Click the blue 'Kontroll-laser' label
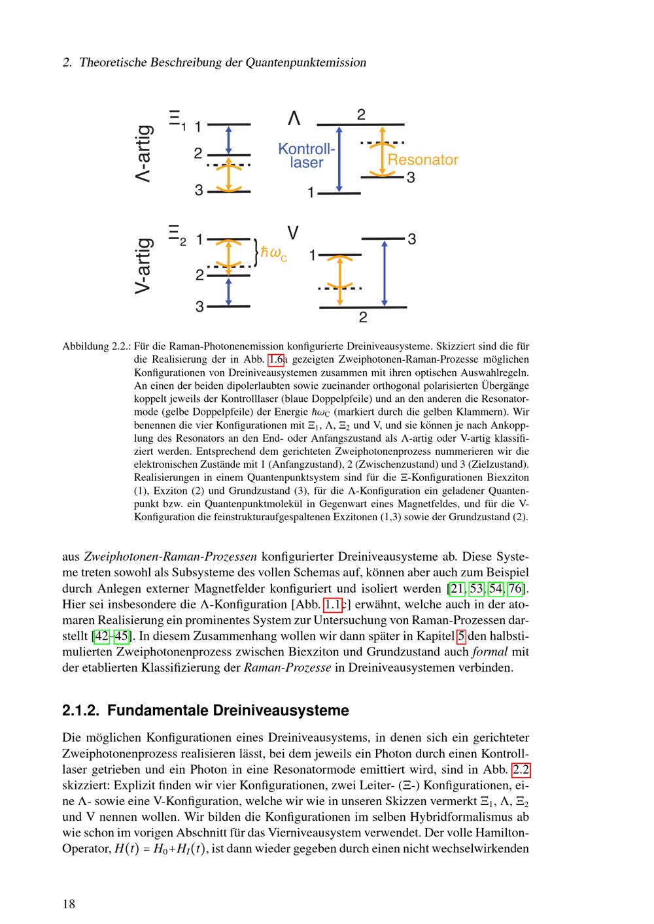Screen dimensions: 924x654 (x=306, y=156)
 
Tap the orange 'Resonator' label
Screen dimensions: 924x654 (x=422, y=159)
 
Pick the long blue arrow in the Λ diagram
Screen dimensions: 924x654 (x=339, y=159)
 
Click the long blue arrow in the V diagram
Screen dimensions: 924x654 (x=385, y=272)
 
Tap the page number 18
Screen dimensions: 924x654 (x=69, y=904)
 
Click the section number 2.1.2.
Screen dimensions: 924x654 (x=80, y=710)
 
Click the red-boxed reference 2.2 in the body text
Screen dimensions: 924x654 (x=521, y=769)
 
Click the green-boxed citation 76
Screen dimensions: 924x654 (x=515, y=589)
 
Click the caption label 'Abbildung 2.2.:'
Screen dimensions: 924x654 (x=95, y=346)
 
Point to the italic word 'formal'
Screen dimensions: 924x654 (x=489, y=652)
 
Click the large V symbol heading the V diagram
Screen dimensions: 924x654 (x=294, y=233)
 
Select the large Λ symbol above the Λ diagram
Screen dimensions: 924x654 (x=294, y=118)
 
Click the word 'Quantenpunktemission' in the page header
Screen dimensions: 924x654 (x=305, y=63)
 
